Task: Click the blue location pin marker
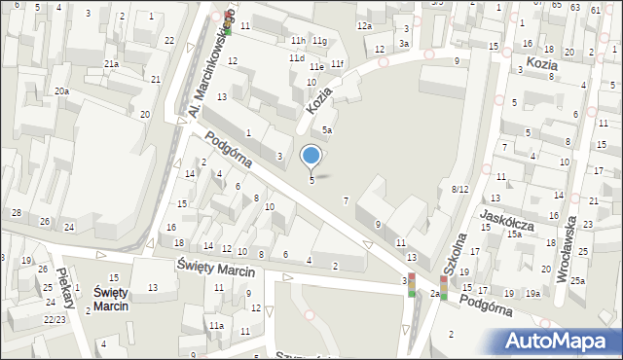click(311, 156)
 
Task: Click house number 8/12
click(460, 189)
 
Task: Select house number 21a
click(112, 63)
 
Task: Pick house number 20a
click(61, 90)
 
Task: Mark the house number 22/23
click(55, 319)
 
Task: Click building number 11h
click(298, 40)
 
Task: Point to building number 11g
click(319, 40)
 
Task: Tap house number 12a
click(364, 25)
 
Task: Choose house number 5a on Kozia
click(328, 129)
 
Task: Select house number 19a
click(532, 293)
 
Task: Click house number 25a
click(578, 280)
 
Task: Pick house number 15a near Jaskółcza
click(513, 234)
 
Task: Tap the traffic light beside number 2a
click(443, 287)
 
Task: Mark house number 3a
click(403, 44)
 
